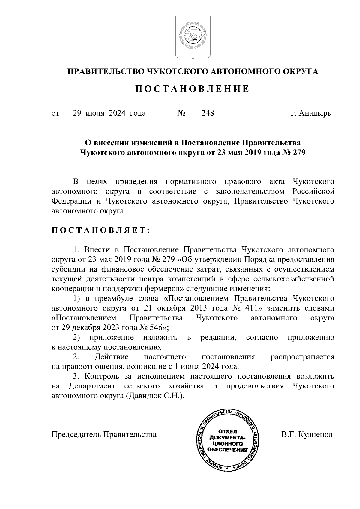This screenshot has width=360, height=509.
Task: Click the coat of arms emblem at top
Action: click(193, 38)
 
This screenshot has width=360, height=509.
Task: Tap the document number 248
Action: click(208, 113)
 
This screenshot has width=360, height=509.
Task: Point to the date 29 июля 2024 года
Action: click(109, 113)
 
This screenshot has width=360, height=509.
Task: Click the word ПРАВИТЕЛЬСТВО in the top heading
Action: click(106, 71)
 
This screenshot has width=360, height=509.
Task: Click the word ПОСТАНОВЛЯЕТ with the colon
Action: click(100, 230)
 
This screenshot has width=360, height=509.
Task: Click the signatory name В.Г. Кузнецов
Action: click(307, 435)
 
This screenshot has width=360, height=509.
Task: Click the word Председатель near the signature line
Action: click(76, 435)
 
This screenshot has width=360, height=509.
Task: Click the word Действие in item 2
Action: click(112, 357)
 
